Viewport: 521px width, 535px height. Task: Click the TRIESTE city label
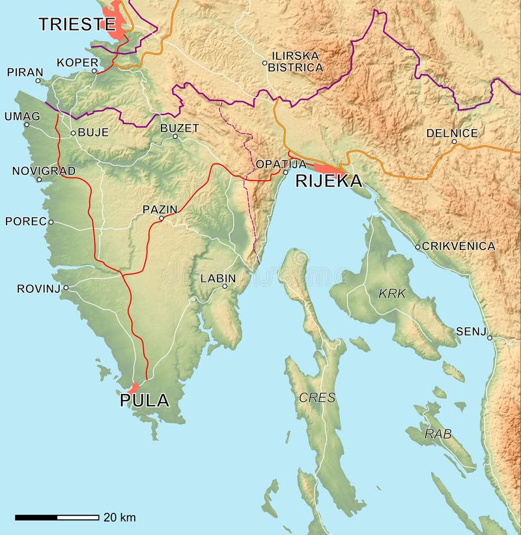pos(72,25)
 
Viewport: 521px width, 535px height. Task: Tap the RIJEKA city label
pos(328,181)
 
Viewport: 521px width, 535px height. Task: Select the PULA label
pos(144,400)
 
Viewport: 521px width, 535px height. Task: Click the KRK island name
pos(392,294)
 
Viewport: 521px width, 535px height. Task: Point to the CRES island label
pos(317,397)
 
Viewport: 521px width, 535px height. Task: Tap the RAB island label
pos(438,433)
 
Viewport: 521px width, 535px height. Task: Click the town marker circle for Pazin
pos(162,219)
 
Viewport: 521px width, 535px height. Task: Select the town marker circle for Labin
pos(225,286)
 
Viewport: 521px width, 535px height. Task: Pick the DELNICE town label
pos(452,133)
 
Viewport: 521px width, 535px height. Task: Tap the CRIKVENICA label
pos(458,246)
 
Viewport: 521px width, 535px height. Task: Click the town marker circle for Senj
pos(490,337)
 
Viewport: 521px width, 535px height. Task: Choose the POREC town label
pos(25,221)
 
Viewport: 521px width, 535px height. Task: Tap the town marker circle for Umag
pos(26,125)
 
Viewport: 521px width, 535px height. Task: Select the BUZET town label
pos(180,128)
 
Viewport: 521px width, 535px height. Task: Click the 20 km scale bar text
pos(120,517)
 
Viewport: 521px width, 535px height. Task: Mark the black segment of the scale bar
pos(36,517)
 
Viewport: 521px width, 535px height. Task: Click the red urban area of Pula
pos(134,387)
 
